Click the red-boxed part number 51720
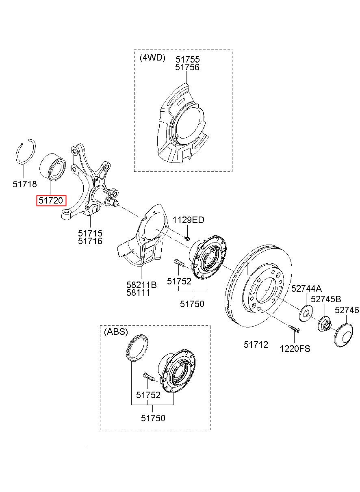51,200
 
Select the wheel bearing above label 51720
52,166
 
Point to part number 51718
24,184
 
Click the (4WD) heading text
152,57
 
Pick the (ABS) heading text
116,332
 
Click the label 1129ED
189,220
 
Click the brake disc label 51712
256,345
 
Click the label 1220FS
295,349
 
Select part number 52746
347,310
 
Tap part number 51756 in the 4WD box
187,68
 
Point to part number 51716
90,241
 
